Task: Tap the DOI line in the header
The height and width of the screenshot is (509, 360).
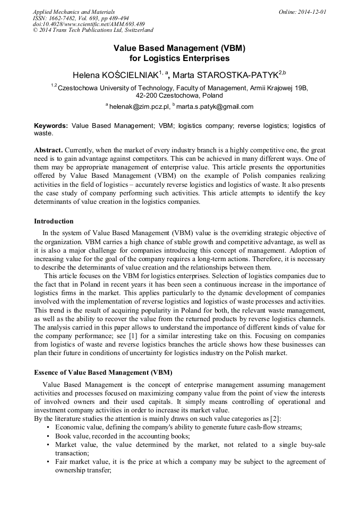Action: tap(89, 24)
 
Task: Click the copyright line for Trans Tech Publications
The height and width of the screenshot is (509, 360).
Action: tap(93, 30)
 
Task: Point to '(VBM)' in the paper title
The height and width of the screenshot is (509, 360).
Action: tap(232, 47)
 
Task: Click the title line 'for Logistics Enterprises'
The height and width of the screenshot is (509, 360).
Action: tap(179, 58)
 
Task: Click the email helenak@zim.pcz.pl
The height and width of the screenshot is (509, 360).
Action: tap(140, 106)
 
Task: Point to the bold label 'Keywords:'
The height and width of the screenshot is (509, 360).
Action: tap(51, 126)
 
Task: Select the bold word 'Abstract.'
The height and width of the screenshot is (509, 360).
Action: tap(48, 150)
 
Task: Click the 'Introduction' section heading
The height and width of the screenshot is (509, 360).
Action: tap(54, 221)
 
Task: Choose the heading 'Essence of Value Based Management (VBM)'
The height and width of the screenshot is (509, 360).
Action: tap(103, 372)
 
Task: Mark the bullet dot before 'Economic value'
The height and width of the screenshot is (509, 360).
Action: tap(49, 427)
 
